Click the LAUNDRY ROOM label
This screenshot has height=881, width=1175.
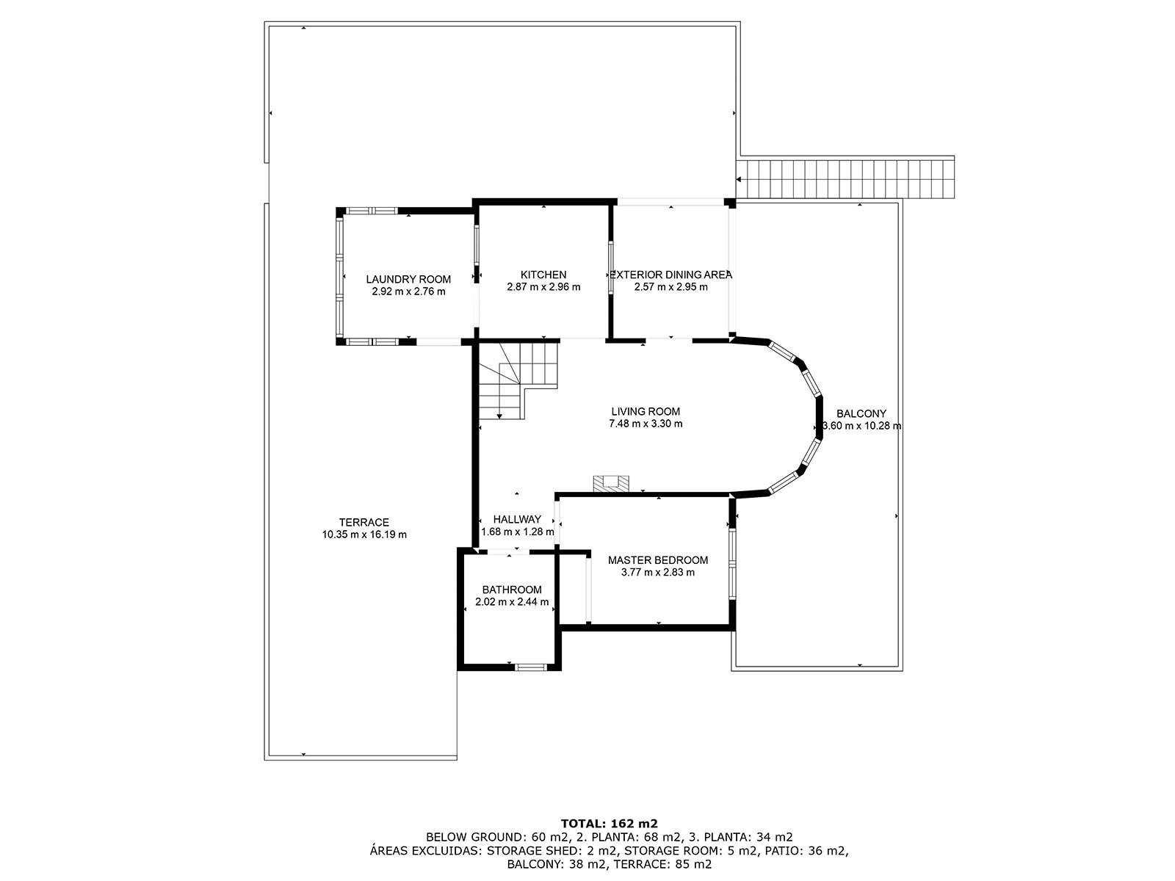point(408,279)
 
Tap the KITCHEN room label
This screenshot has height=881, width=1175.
point(543,275)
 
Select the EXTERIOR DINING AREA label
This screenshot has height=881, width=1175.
point(670,275)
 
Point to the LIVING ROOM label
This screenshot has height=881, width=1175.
point(646,412)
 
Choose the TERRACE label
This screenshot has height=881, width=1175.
point(364,523)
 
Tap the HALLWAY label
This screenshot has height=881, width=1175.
point(517,519)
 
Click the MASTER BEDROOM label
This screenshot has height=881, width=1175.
point(658,560)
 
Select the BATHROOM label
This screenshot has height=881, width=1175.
point(512,590)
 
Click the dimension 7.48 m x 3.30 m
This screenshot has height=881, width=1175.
point(646,424)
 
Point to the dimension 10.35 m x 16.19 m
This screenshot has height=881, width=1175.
point(364,534)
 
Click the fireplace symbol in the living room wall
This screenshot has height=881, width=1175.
point(611,483)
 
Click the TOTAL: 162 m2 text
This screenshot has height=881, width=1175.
point(609,823)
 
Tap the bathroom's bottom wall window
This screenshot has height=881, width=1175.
point(530,667)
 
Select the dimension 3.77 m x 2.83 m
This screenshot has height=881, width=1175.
point(658,573)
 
